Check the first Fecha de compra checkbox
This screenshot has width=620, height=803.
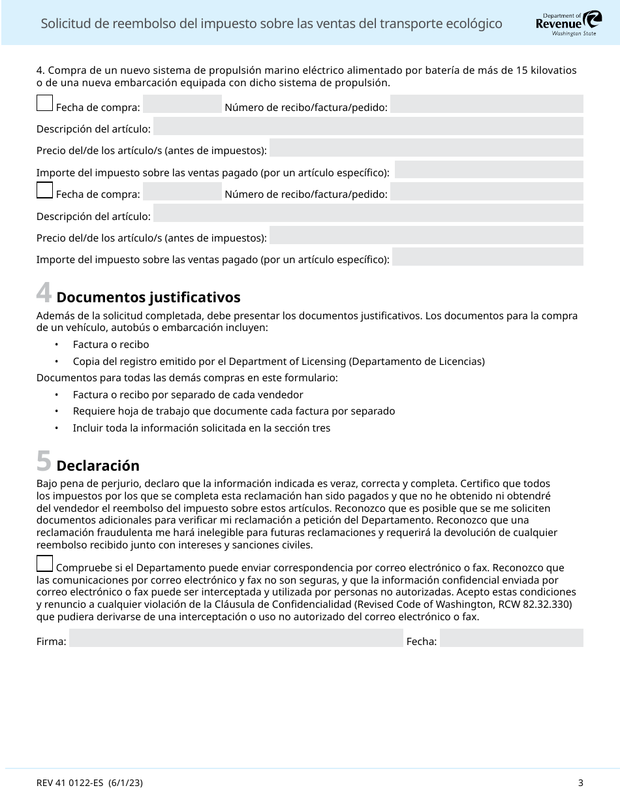tap(44, 103)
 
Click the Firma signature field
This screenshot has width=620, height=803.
tap(236, 638)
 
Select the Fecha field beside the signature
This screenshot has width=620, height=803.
tap(511, 638)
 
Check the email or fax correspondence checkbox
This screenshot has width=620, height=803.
tap(44, 563)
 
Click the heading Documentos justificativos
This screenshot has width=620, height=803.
tap(148, 298)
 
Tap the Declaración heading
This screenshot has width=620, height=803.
tap(98, 466)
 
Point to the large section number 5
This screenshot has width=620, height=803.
tap(44, 462)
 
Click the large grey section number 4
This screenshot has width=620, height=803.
tap(44, 293)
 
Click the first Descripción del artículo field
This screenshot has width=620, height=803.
tap(368, 126)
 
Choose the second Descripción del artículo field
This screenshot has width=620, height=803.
tap(368, 213)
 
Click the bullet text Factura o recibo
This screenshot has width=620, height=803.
tap(111, 344)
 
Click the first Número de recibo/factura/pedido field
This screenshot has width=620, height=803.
tap(486, 104)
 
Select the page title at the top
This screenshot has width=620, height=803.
tap(271, 24)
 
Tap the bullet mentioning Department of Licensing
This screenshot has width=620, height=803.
tap(279, 361)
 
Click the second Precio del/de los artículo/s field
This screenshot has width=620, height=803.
tap(426, 235)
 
